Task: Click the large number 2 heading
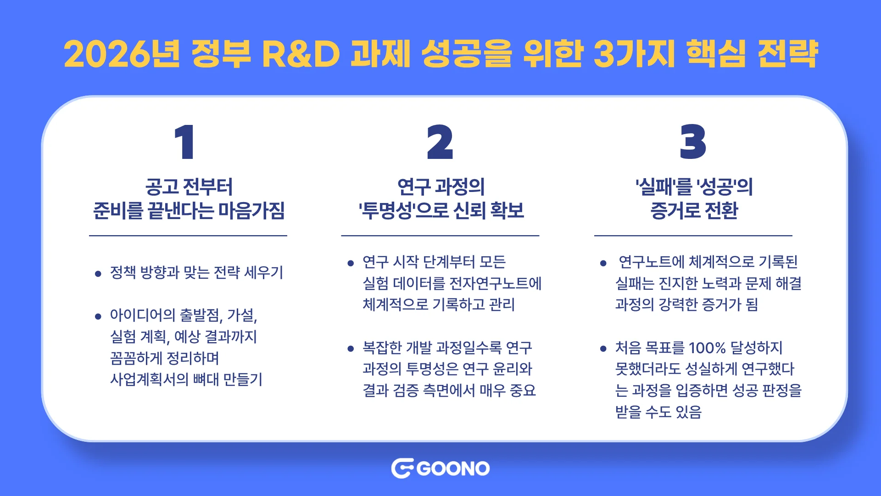pos(440,142)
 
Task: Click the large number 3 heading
pos(693,142)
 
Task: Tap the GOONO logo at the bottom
pos(440,468)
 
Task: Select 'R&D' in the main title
pos(301,54)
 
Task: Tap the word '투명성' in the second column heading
pos(387,211)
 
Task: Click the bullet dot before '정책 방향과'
pos(98,274)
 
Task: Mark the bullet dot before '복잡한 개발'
pos(351,349)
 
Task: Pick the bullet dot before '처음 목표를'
pos(603,349)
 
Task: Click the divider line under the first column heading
pos(188,236)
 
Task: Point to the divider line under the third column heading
pos(693,236)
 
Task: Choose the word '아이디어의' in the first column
pos(143,316)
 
